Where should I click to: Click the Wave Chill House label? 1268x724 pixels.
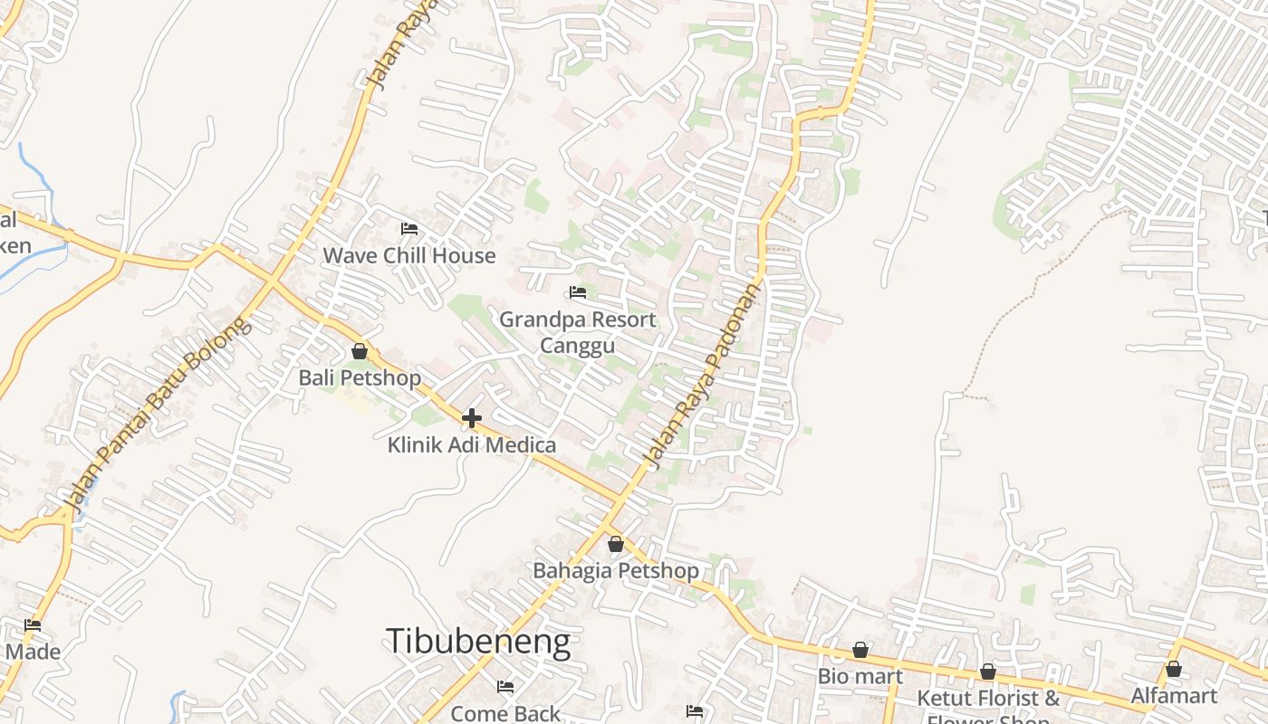[409, 255]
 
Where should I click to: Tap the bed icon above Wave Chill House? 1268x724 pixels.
[409, 229]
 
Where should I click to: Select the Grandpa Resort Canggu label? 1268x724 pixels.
[578, 332]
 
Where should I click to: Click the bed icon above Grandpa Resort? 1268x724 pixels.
[578, 292]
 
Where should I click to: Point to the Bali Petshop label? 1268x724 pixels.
[360, 377]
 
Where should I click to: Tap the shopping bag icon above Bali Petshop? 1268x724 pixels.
[360, 351]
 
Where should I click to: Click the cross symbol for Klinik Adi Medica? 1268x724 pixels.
[472, 418]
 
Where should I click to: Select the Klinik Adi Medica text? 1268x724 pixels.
[472, 445]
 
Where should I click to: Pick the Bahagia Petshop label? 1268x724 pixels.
[616, 571]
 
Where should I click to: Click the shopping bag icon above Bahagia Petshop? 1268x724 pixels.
[616, 544]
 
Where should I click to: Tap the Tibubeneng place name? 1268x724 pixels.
[478, 641]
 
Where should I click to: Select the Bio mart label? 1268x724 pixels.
[860, 676]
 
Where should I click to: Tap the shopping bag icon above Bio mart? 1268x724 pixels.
[860, 650]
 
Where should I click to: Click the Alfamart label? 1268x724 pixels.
[1174, 695]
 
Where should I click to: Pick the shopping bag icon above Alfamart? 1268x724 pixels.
[1174, 669]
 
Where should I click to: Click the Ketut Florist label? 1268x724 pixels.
[988, 699]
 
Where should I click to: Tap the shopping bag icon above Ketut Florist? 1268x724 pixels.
[988, 672]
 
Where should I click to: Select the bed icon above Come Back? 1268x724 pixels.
[505, 687]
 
